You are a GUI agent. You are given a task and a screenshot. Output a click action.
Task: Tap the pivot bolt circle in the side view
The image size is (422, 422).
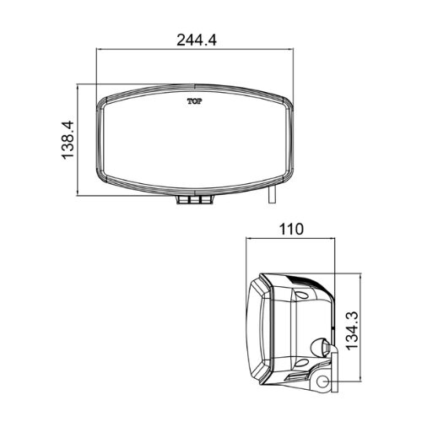323,382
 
